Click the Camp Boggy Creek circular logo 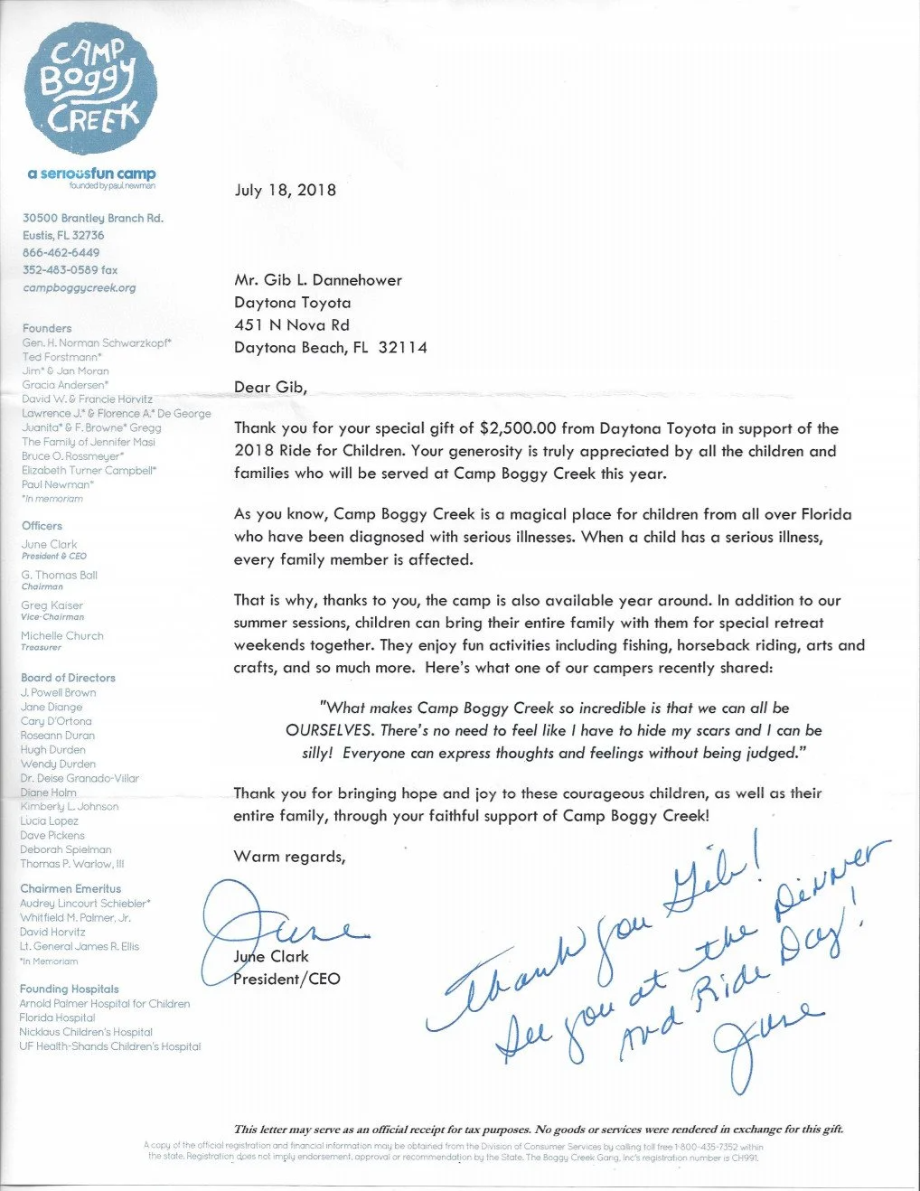pyautogui.click(x=90, y=89)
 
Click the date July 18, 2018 pyautogui.click(x=285, y=190)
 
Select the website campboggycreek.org pyautogui.click(x=80, y=287)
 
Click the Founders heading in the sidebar pyautogui.click(x=47, y=328)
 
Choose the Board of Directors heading pyautogui.click(x=69, y=677)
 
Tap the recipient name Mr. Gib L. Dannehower pyautogui.click(x=318, y=280)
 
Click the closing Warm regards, pyautogui.click(x=289, y=857)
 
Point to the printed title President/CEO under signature pyautogui.click(x=286, y=979)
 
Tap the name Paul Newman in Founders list pyautogui.click(x=55, y=484)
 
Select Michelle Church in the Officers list pyautogui.click(x=62, y=635)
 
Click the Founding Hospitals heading pyautogui.click(x=70, y=989)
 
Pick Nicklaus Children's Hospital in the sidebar pyautogui.click(x=86, y=1032)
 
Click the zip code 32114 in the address pyautogui.click(x=403, y=348)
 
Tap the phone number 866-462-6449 pyautogui.click(x=61, y=253)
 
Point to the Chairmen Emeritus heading pyautogui.click(x=70, y=888)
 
